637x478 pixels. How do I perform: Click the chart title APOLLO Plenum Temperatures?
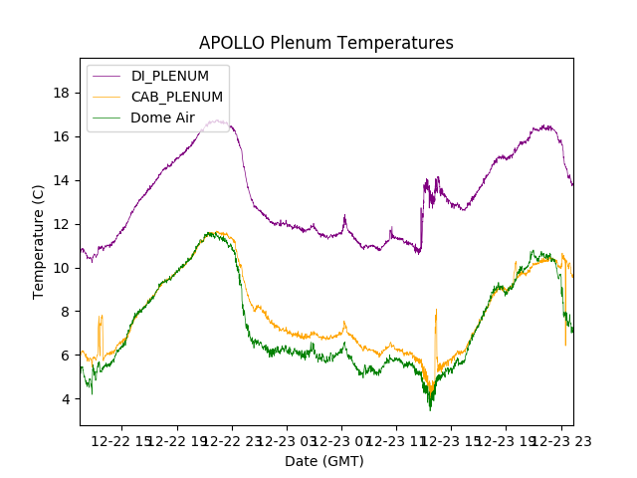[x=325, y=43]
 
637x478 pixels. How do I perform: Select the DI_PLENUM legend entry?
[x=170, y=76]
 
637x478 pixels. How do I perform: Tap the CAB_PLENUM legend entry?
[x=177, y=97]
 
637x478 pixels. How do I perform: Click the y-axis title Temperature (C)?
[x=39, y=240]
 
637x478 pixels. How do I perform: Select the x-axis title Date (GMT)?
[x=324, y=461]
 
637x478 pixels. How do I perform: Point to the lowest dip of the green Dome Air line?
[x=430, y=409]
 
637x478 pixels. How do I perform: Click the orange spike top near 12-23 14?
[x=436, y=310]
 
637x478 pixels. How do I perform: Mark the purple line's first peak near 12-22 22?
[x=216, y=120]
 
